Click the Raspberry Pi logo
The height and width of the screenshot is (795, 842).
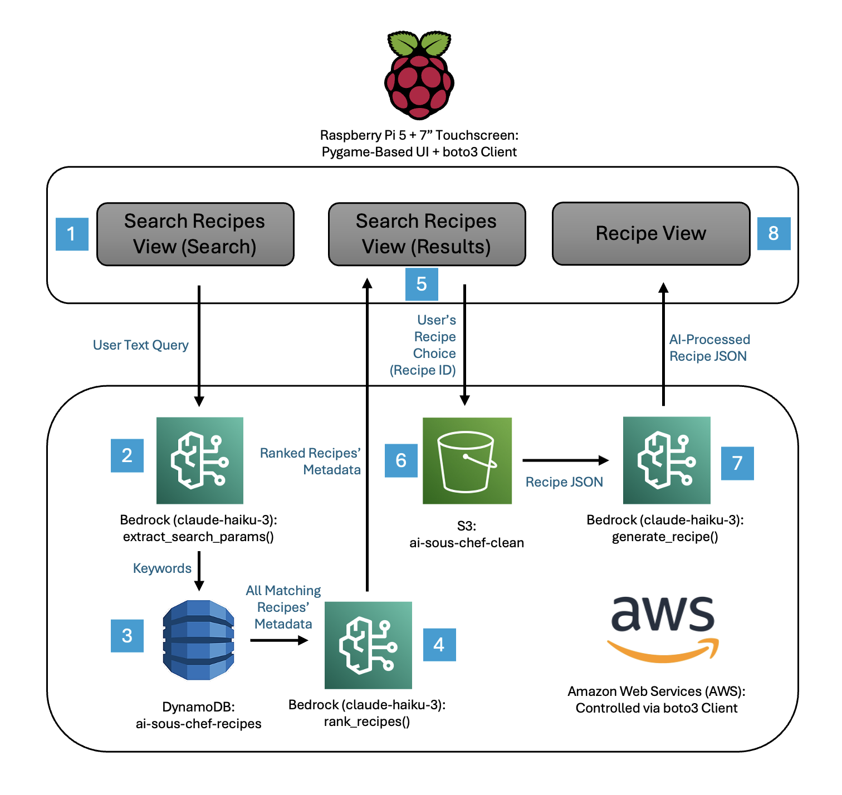419,75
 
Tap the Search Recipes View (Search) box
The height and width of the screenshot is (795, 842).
195,234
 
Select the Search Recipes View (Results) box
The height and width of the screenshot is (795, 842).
427,234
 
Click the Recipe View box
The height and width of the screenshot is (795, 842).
650,233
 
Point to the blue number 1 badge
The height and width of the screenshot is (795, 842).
72,234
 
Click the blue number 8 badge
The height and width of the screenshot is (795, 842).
774,233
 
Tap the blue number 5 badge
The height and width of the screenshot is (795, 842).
422,284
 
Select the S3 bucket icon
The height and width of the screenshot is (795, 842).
467,460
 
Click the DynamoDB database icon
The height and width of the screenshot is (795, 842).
198,640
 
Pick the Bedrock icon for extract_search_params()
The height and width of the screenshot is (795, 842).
199,460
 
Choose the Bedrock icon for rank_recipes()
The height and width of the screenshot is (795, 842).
368,645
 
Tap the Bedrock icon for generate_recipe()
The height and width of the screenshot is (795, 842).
666,460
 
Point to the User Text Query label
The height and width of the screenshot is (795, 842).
140,345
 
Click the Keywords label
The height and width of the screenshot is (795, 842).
162,568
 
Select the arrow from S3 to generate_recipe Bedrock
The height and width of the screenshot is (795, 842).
565,460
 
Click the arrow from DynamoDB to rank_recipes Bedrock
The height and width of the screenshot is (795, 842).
278,640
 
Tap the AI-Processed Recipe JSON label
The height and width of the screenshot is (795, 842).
709,348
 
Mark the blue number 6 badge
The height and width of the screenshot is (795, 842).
401,460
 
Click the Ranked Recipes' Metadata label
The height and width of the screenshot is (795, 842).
310,462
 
